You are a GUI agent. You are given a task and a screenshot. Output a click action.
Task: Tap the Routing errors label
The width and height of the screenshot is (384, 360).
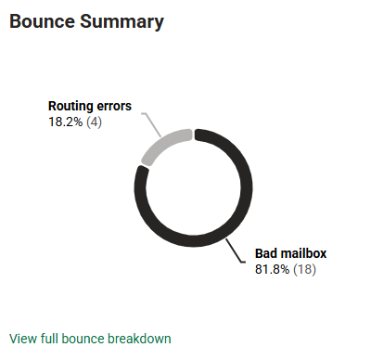tap(90, 106)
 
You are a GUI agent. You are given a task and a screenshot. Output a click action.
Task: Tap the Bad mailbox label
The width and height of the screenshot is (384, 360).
tap(290, 252)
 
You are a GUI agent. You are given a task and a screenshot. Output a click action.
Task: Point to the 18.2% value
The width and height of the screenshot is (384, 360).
tap(66, 122)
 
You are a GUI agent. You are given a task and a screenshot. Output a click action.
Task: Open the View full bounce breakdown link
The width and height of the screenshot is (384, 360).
tap(90, 339)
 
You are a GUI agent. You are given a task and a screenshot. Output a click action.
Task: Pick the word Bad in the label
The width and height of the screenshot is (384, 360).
tap(267, 252)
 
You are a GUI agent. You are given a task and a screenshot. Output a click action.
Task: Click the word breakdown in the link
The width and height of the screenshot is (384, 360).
tap(139, 339)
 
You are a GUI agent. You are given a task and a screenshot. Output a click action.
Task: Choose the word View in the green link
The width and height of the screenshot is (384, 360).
tap(22, 339)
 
